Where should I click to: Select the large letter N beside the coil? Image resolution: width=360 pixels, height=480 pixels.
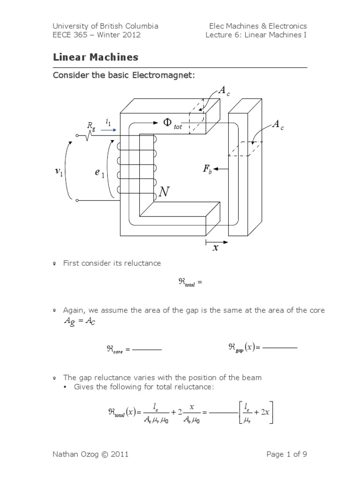(164, 192)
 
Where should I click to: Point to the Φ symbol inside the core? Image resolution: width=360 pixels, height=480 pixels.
(168, 122)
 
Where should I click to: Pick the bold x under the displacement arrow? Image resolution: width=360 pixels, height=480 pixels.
(216, 248)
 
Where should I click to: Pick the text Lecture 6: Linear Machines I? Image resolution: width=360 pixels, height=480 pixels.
(256, 35)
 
